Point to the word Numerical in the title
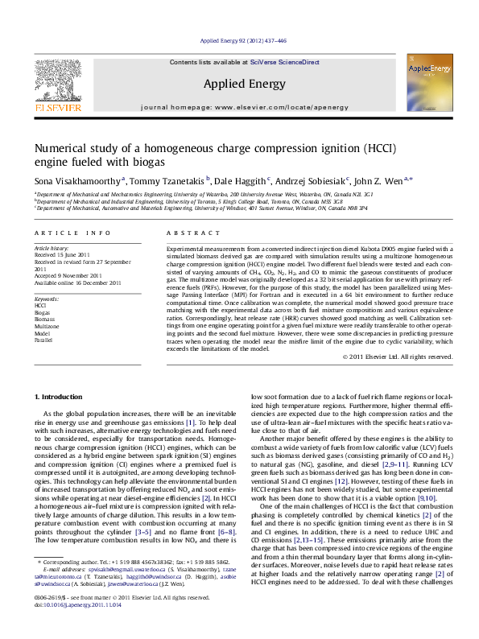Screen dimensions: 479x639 tap(61, 148)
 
